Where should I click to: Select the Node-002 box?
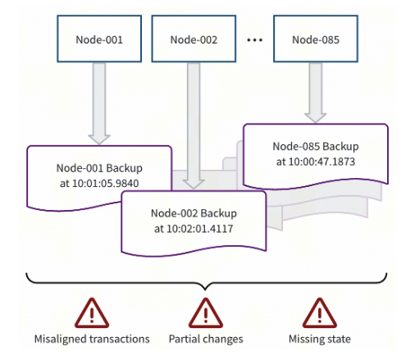coord(194,39)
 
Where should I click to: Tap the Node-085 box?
coord(316,39)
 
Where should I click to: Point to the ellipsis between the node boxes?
coord(255,39)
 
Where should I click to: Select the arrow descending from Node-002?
coord(194,123)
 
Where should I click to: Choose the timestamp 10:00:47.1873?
coord(317,161)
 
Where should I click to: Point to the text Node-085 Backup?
coord(316,145)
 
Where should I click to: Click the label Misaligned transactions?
coord(92,339)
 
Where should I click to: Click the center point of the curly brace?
coord(205,285)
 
